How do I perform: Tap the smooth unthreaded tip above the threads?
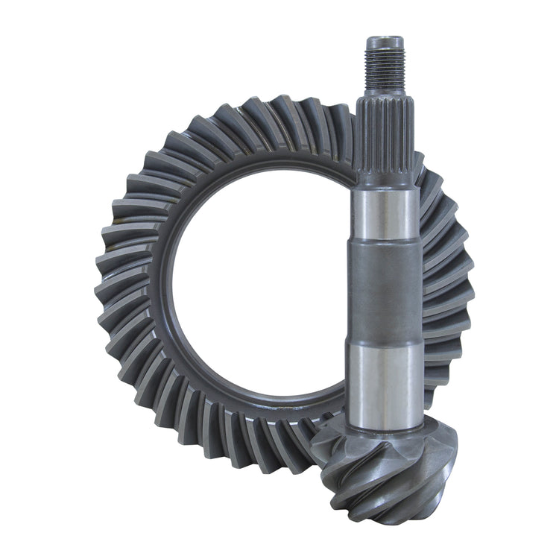click(x=384, y=40)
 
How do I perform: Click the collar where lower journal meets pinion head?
click(x=385, y=432)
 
